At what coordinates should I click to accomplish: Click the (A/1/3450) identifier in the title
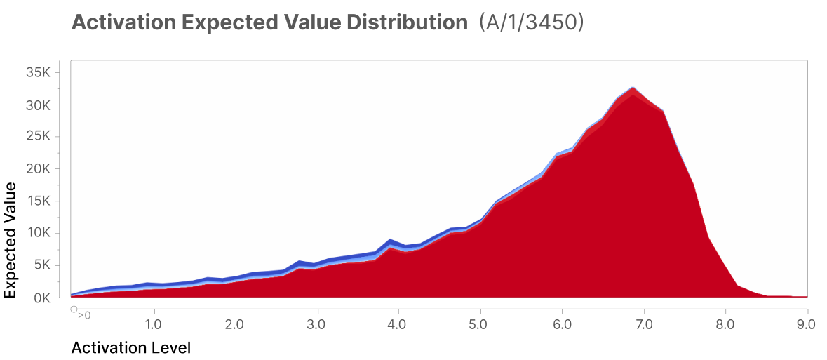pos(531,22)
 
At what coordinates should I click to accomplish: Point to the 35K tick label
pos(38,72)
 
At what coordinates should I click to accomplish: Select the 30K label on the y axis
pos(38,105)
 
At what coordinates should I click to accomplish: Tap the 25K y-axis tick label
pos(38,137)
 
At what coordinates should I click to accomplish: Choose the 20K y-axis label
pos(38,169)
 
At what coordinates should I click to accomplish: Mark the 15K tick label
pos(38,201)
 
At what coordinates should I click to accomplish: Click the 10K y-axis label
pos(38,233)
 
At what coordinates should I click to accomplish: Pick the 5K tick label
pos(41,265)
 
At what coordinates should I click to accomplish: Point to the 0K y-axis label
pos(41,298)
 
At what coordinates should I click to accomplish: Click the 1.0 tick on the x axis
pos(154,324)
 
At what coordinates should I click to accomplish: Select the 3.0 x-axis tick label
pos(317,324)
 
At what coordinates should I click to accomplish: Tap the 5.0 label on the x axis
pos(480,324)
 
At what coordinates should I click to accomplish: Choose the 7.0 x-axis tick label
pos(644,324)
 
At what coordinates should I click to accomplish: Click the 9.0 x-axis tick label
pos(807,324)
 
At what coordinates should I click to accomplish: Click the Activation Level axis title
pos(130,348)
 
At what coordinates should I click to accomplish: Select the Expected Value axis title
pos(10,240)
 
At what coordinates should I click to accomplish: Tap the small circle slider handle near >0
pos(74,309)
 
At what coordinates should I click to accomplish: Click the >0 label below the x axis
pos(84,316)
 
